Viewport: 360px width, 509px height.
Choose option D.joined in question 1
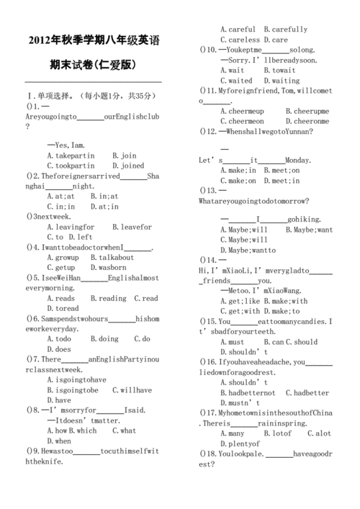coord(128,166)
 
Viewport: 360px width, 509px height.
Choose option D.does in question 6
coord(59,349)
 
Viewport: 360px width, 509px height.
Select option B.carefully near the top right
coord(286,30)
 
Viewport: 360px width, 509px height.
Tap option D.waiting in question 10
coord(282,81)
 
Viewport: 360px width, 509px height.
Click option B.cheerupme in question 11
coord(307,112)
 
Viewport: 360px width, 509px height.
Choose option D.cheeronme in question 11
coord(307,122)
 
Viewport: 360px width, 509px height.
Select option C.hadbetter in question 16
coord(307,393)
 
